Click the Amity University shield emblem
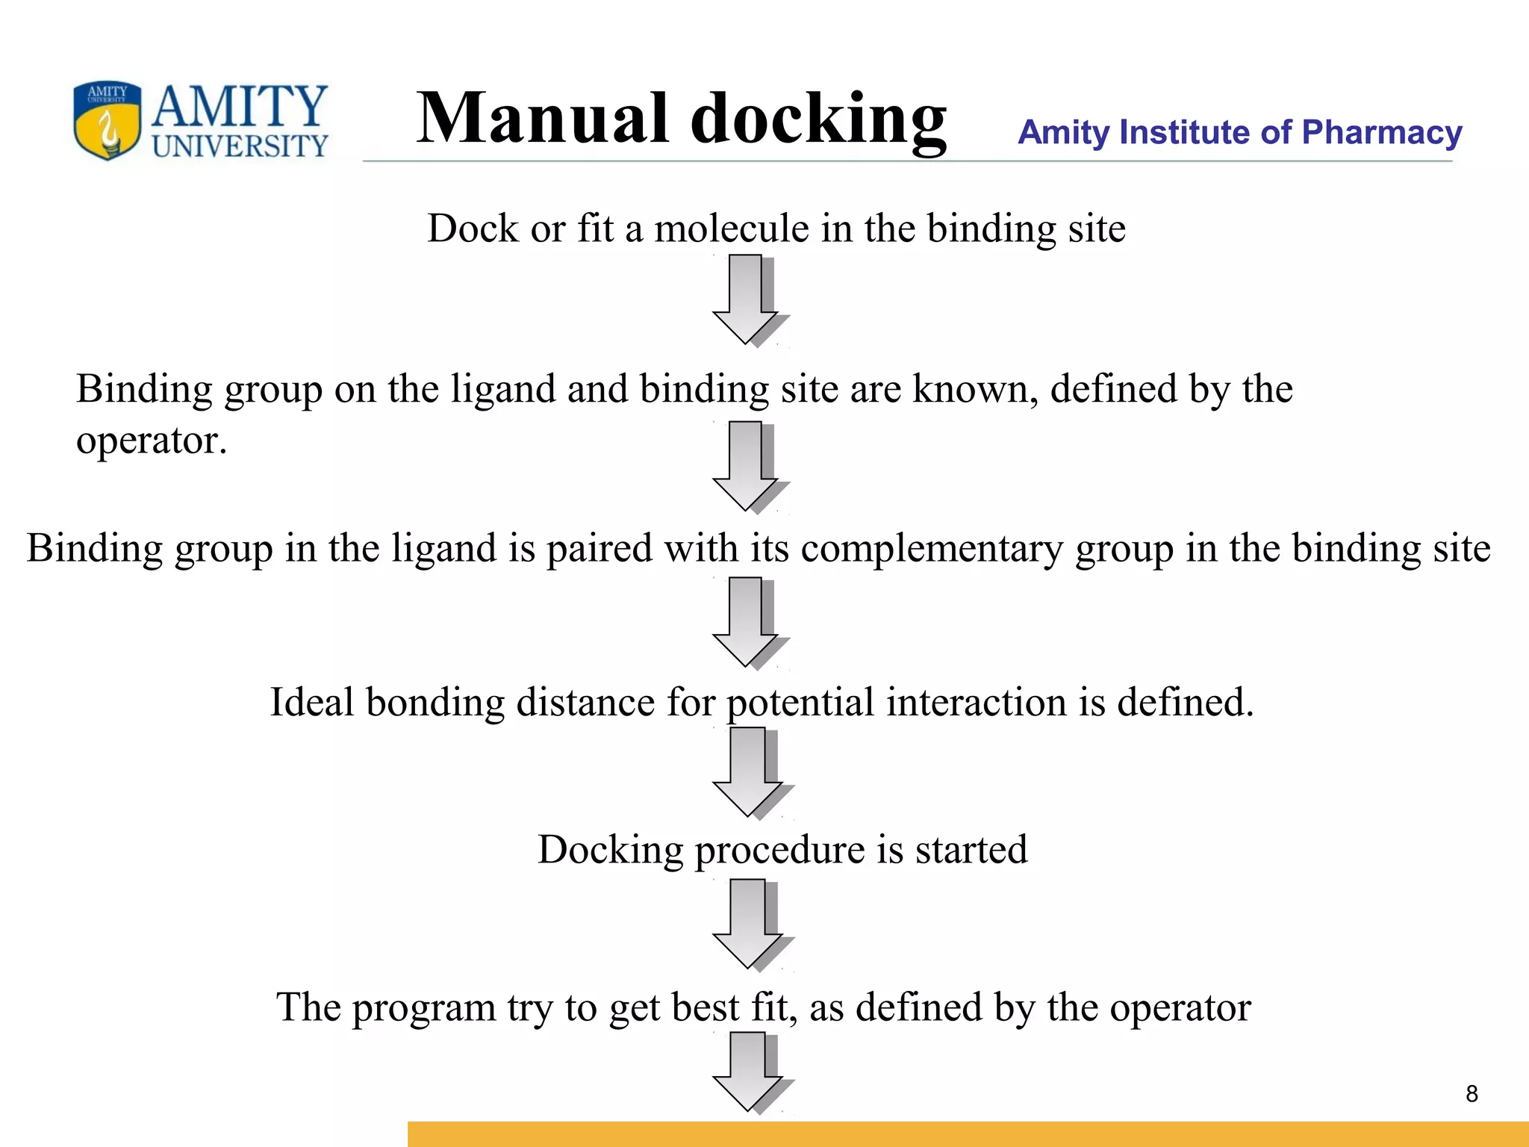click(x=107, y=120)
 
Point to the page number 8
click(x=1472, y=1094)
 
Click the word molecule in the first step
click(x=732, y=229)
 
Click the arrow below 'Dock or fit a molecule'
click(x=747, y=299)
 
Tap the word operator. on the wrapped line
click(x=152, y=441)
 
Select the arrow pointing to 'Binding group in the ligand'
click(x=747, y=466)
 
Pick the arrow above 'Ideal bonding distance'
click(x=747, y=621)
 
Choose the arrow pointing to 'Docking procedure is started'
click(x=749, y=771)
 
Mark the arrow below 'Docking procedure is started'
click(x=749, y=924)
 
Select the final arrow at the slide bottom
click(x=749, y=1072)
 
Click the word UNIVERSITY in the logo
click(x=240, y=146)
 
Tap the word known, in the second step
click(x=975, y=389)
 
